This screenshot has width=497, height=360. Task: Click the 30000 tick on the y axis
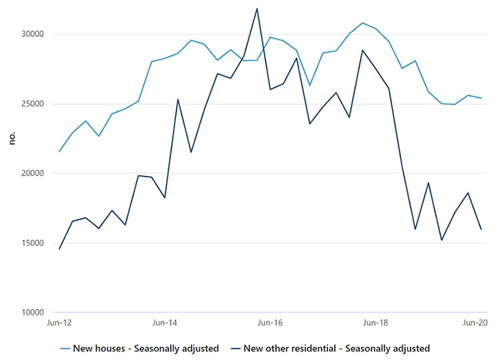tap(33, 34)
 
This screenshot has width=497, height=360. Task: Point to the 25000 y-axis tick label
tap(33, 104)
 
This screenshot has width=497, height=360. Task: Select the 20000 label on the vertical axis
tap(33, 173)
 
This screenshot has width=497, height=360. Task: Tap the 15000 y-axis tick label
tap(33, 243)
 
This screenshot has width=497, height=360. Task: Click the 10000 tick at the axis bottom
tap(33, 312)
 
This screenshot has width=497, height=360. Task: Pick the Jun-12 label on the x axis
tap(59, 323)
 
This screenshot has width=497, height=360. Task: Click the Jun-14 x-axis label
tap(165, 323)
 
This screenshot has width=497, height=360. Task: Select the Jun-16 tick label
tap(270, 323)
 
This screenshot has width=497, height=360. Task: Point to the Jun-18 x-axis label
tap(376, 323)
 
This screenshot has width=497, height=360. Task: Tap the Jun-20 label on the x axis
tap(475, 323)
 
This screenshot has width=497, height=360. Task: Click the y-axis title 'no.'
tap(12, 138)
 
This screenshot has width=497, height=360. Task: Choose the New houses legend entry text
tap(146, 349)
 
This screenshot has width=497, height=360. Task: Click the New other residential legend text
tap(337, 349)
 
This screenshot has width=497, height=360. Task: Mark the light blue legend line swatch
tap(65, 349)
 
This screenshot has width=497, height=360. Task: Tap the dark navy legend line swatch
tap(236, 349)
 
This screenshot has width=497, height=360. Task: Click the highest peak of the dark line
tap(257, 9)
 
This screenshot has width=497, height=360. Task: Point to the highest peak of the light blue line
tap(363, 23)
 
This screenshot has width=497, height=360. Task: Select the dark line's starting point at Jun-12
tap(59, 249)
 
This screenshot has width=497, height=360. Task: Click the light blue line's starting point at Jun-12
tap(59, 151)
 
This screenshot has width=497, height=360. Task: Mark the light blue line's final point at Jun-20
tap(481, 98)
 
